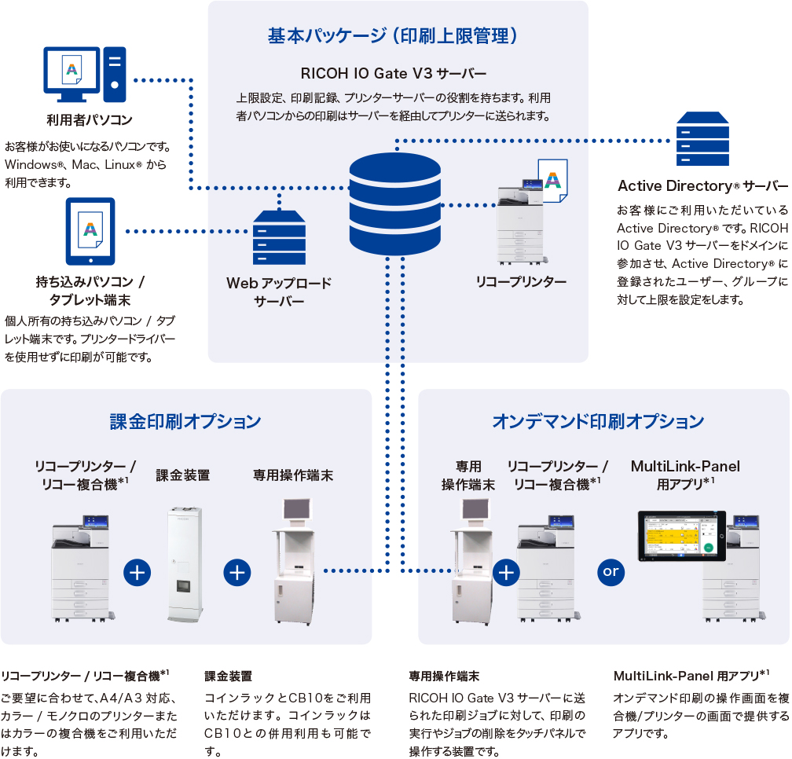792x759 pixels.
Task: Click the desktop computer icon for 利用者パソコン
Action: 83,75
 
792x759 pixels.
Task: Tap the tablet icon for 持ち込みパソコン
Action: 90,231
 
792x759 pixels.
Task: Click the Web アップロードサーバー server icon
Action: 279,237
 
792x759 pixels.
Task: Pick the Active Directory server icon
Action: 702,139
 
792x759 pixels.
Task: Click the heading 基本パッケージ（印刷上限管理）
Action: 393,36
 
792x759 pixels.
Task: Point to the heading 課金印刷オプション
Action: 185,421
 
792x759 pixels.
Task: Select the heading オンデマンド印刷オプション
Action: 598,421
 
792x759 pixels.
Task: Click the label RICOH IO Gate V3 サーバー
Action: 394,74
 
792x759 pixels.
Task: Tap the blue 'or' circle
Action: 611,572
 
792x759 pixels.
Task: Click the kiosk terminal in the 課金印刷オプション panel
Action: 295,561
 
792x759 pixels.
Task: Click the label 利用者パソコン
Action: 89,120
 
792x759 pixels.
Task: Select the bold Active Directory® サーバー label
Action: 702,186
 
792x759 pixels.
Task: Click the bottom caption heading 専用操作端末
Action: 444,676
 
